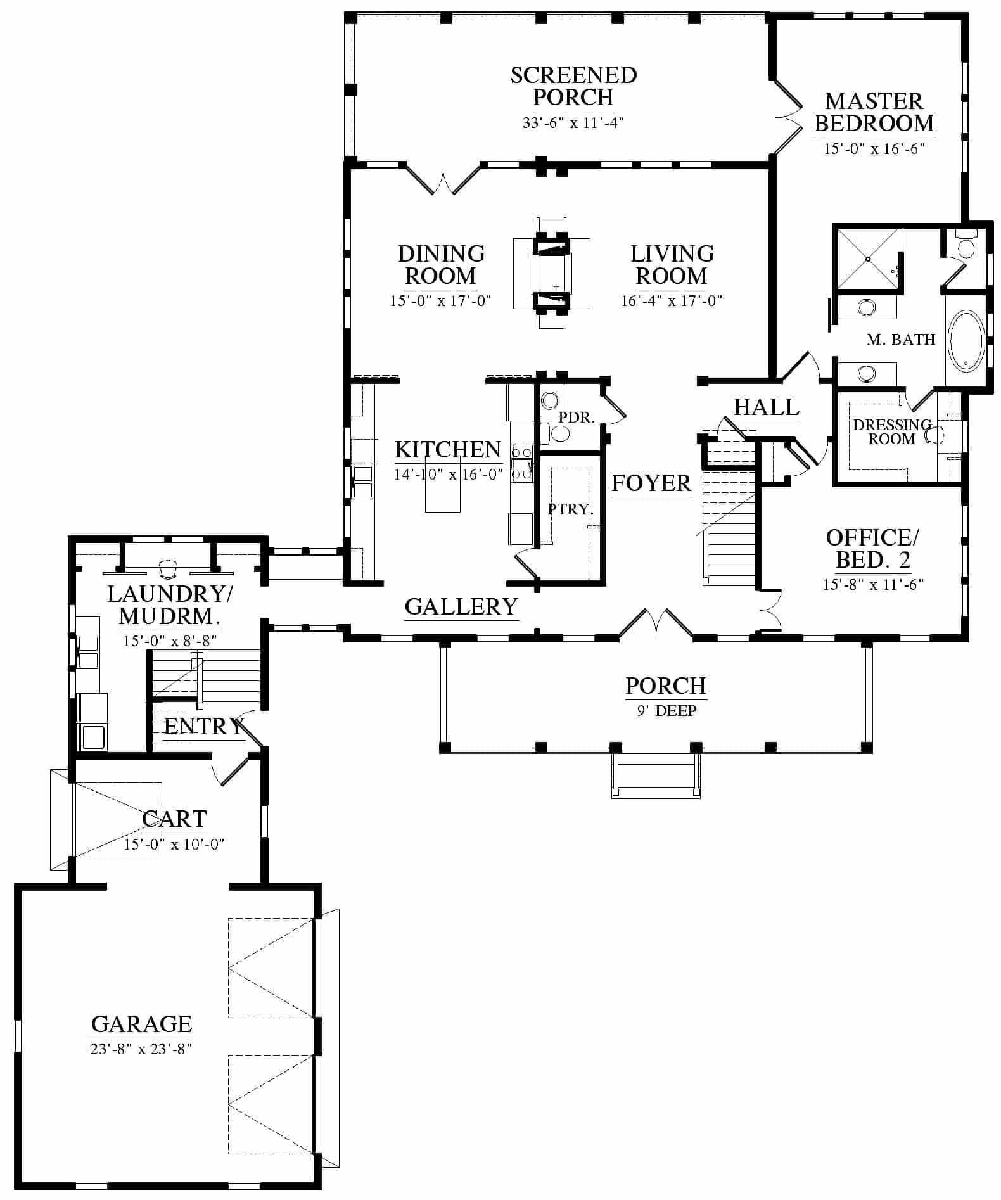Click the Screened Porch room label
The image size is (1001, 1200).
[573, 86]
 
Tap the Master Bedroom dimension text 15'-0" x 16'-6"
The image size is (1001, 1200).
[874, 149]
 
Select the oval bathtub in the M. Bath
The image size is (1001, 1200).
[966, 340]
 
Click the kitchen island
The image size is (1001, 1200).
[442, 492]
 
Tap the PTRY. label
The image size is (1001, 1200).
[570, 509]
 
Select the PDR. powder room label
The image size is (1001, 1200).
[577, 418]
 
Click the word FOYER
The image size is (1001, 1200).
[651, 483]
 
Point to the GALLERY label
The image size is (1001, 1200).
[461, 606]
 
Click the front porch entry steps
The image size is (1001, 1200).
[656, 776]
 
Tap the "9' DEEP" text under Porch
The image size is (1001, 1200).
[666, 711]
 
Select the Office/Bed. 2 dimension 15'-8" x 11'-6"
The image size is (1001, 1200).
[873, 584]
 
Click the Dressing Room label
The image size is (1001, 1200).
[892, 431]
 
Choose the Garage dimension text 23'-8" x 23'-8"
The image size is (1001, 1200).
[141, 1049]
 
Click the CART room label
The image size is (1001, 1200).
[174, 819]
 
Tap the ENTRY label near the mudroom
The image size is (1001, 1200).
[204, 726]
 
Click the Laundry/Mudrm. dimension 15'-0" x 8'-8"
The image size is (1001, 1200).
[170, 641]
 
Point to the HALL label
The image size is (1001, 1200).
[767, 407]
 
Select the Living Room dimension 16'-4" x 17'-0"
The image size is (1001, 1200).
[672, 300]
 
